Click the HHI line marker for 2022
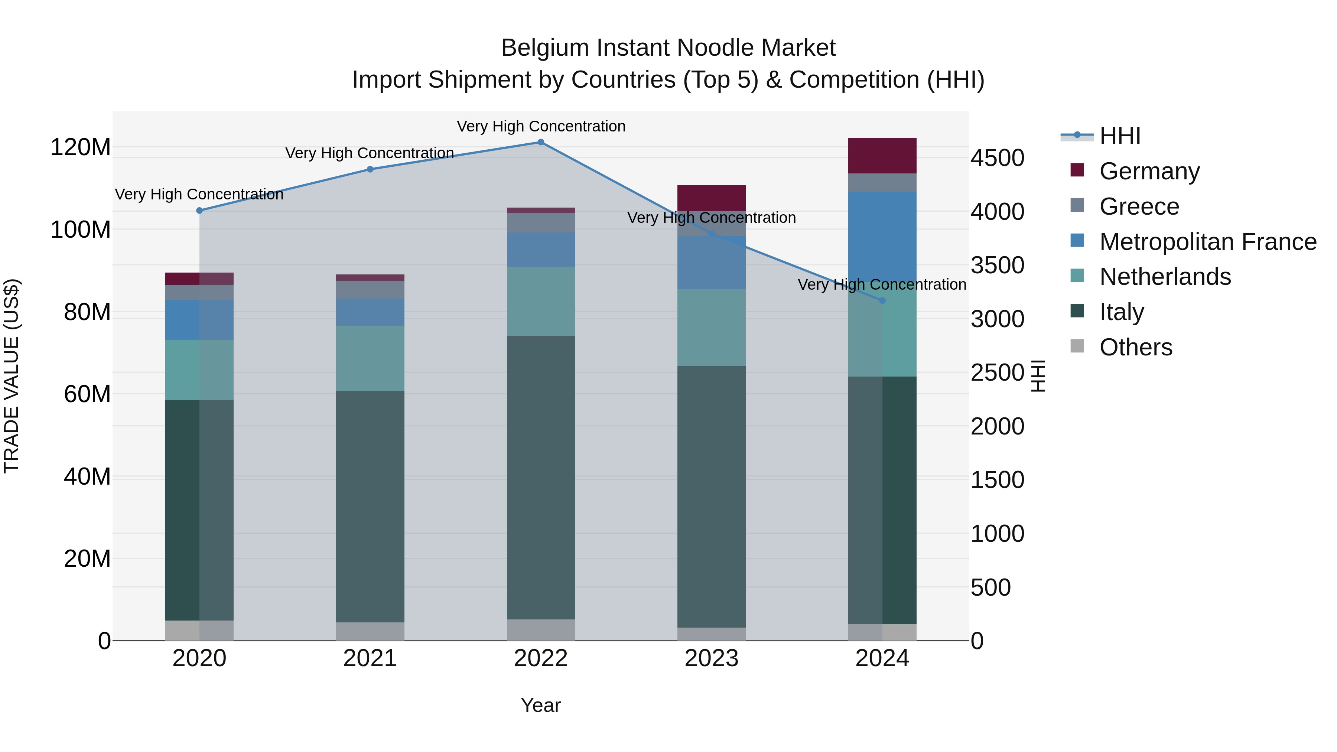[540, 142]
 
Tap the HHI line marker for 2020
[199, 211]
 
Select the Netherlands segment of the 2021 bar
[370, 358]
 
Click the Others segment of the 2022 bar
[540, 629]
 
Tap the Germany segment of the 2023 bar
[711, 198]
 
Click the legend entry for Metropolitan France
[1207, 242]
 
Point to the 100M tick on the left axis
[81, 229]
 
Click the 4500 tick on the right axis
[997, 158]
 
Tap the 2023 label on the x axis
[711, 658]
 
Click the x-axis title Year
[540, 705]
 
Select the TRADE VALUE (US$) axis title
[12, 376]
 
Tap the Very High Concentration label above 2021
[370, 153]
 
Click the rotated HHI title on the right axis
[1038, 376]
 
